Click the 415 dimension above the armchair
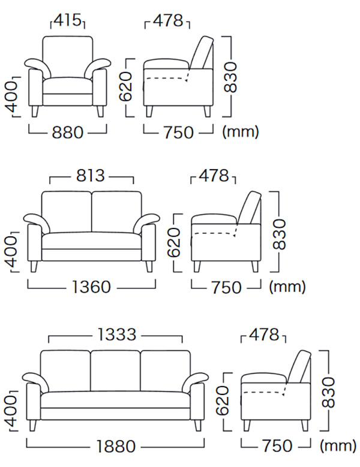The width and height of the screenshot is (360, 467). [x=68, y=20]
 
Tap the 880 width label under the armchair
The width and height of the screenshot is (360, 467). [x=67, y=132]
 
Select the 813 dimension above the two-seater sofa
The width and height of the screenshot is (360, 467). [x=91, y=176]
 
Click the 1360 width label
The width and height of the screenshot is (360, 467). [x=91, y=287]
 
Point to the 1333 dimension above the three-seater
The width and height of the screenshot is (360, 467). [x=116, y=335]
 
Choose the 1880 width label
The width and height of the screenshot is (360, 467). [x=116, y=446]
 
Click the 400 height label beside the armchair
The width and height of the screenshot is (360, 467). [x=11, y=97]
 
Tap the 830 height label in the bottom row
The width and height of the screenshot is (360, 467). [x=328, y=392]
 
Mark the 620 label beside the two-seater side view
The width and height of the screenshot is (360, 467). [x=174, y=242]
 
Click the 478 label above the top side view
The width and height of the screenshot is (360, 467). [x=168, y=20]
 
